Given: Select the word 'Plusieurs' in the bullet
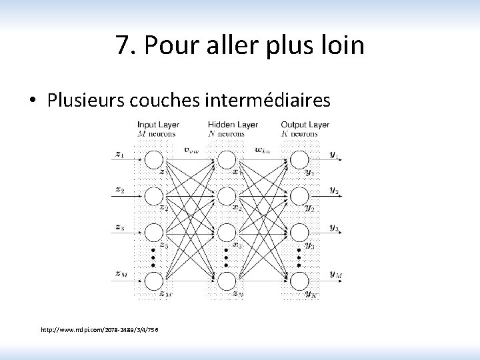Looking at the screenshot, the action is coord(87,100).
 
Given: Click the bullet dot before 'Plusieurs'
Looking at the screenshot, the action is coord(33,101).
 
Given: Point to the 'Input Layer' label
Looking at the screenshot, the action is coord(158,125).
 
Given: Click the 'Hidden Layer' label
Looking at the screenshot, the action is coord(233,125).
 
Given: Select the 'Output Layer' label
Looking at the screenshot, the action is coord(305,125).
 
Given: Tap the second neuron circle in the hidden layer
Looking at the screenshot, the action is coord(227,196).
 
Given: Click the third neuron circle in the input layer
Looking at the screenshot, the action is coord(154,232).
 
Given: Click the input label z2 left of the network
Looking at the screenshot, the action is coord(119,189).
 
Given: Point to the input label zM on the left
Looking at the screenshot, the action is coord(121,273).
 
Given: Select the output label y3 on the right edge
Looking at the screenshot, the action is coord(334,227).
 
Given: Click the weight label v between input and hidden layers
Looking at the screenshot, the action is coord(190,149).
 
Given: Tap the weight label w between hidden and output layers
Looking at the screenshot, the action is coord(262,149).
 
